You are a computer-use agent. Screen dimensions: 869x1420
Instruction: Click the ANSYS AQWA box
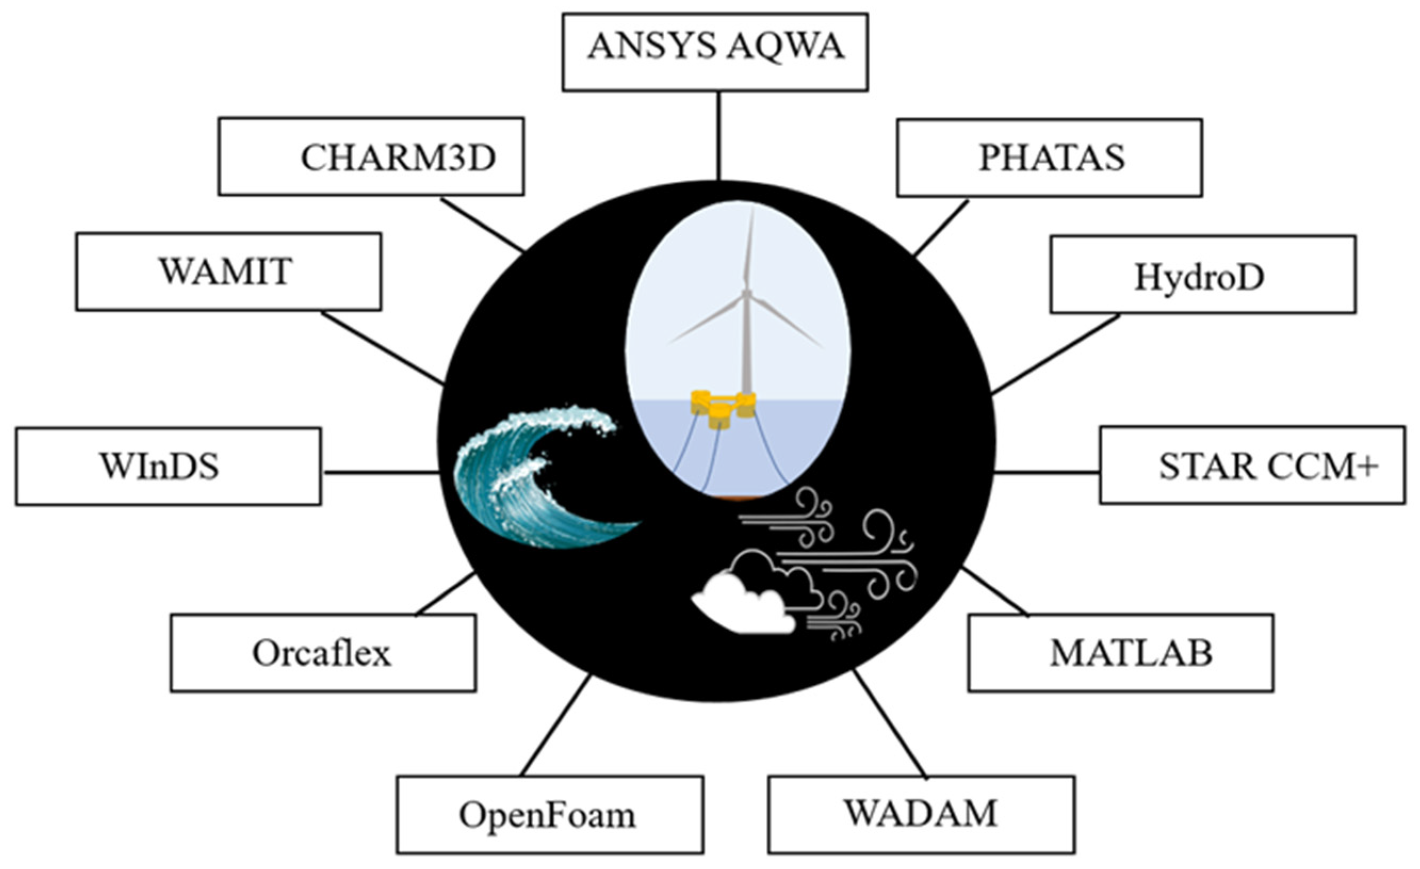715,52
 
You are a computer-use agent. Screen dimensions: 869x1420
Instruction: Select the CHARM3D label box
371,156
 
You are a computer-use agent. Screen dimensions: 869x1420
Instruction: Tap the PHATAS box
1049,158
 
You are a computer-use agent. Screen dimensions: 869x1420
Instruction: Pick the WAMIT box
228,272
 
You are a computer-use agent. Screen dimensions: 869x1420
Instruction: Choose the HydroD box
1202,275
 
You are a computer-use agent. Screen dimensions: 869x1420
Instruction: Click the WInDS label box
168,467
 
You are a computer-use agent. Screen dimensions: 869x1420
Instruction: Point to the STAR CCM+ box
1252,465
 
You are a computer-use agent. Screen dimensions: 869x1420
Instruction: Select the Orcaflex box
323,653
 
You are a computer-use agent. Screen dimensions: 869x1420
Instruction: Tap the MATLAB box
1120,653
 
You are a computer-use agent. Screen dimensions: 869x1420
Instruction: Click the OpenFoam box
549,815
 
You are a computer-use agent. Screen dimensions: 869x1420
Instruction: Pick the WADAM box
921,814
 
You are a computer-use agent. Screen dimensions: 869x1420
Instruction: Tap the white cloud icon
744,605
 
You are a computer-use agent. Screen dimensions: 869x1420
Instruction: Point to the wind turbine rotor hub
746,295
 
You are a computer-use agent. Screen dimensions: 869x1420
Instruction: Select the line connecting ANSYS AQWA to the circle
718,135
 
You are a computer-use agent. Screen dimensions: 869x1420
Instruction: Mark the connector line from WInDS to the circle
380,472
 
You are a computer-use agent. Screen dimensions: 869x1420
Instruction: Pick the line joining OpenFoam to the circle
556,726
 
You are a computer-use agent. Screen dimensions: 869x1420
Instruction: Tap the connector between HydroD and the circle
1056,354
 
